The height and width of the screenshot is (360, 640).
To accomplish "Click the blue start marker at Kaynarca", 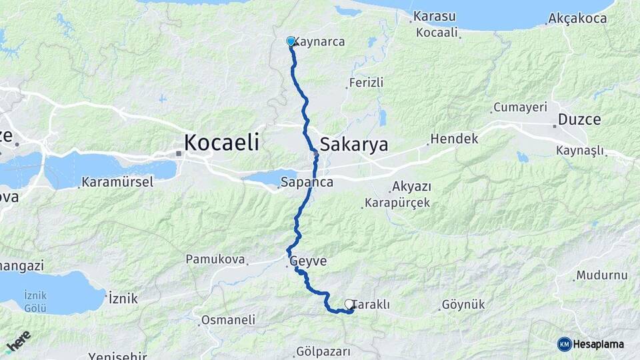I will pos(291,41).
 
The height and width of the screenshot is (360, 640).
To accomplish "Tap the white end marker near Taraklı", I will pos(349,304).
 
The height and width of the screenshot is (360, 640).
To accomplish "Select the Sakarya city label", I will pos(353,144).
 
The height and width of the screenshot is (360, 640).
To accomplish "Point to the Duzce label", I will pos(579,120).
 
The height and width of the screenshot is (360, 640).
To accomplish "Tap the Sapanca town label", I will pos(307,181).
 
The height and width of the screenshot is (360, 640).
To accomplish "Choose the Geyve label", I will pos(309,261).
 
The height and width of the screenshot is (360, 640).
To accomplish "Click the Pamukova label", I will pos(215,259).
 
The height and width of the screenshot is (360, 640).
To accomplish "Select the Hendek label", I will pos(454,139).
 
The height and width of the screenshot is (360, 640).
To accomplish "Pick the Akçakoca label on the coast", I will pos(577,19).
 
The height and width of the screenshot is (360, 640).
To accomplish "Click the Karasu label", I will pos(434,16).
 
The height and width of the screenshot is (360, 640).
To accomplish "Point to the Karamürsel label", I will pos(118,181).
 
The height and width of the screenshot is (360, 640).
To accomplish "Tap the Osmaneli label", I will pos(229,320).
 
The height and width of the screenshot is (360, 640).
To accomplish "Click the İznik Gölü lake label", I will pos(35,301).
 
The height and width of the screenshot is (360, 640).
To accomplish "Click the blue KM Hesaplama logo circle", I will pos(565,344).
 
